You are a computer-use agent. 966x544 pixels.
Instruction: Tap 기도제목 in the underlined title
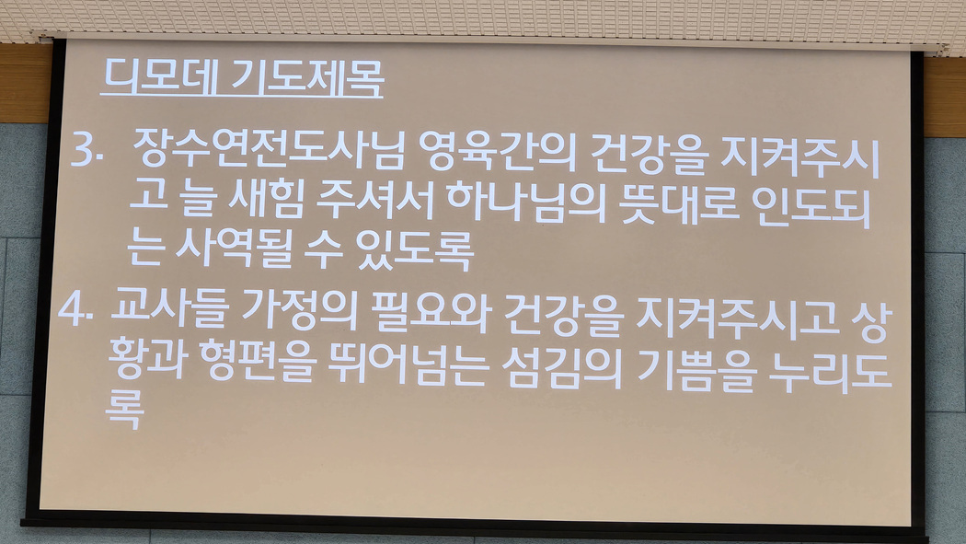[307, 78]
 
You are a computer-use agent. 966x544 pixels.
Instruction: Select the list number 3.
[86, 151]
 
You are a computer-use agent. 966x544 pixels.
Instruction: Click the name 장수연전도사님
[269, 150]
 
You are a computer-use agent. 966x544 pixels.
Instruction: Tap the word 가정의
[299, 308]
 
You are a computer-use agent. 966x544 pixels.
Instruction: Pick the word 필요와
[431, 311]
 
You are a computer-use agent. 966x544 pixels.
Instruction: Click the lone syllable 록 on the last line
[125, 409]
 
